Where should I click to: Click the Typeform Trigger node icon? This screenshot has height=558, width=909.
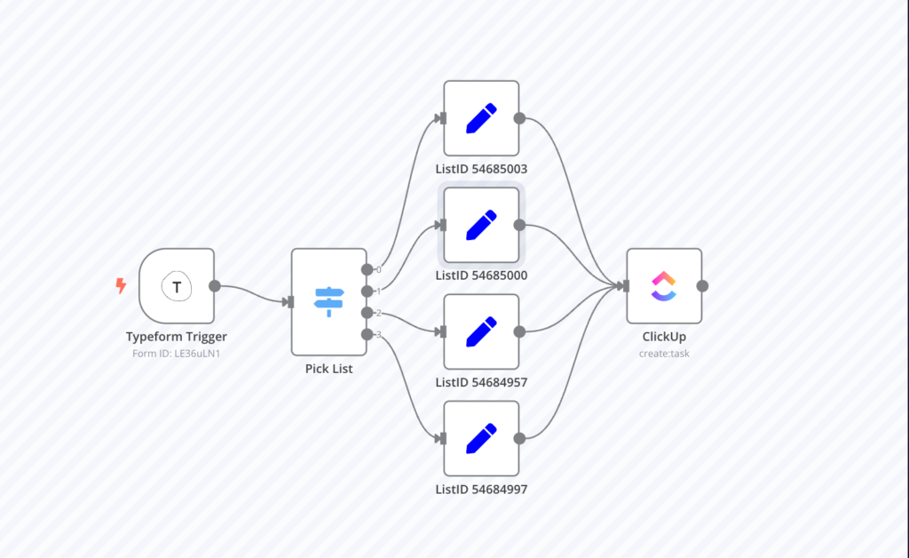pos(177,286)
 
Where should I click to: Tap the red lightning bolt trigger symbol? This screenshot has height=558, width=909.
pos(122,286)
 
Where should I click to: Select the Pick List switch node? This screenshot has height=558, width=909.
pos(328,301)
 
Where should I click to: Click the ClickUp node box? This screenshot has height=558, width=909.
pos(664,286)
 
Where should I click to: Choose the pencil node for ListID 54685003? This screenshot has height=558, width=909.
pos(481,118)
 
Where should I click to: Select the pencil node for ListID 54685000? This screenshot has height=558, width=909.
pos(481,225)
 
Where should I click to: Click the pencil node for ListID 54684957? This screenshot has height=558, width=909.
pos(481,331)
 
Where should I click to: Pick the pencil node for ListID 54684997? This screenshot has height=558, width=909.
pos(481,438)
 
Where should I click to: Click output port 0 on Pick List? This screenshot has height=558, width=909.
pos(368,269)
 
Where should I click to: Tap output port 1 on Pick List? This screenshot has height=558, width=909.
pos(368,291)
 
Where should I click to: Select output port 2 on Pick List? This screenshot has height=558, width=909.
pos(368,313)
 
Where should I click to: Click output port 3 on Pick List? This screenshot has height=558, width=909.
pos(368,334)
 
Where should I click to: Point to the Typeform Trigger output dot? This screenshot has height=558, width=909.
pos(214,286)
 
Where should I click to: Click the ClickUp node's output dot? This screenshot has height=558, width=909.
pos(702,286)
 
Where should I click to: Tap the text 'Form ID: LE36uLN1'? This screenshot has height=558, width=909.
pos(177,353)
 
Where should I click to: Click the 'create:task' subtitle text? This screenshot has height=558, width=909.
pos(664,353)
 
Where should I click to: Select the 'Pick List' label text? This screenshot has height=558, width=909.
pos(328,369)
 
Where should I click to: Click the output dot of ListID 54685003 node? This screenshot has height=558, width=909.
pos(519,118)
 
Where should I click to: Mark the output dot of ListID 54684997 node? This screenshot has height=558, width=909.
pos(519,438)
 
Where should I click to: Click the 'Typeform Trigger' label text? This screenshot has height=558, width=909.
pos(177,337)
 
